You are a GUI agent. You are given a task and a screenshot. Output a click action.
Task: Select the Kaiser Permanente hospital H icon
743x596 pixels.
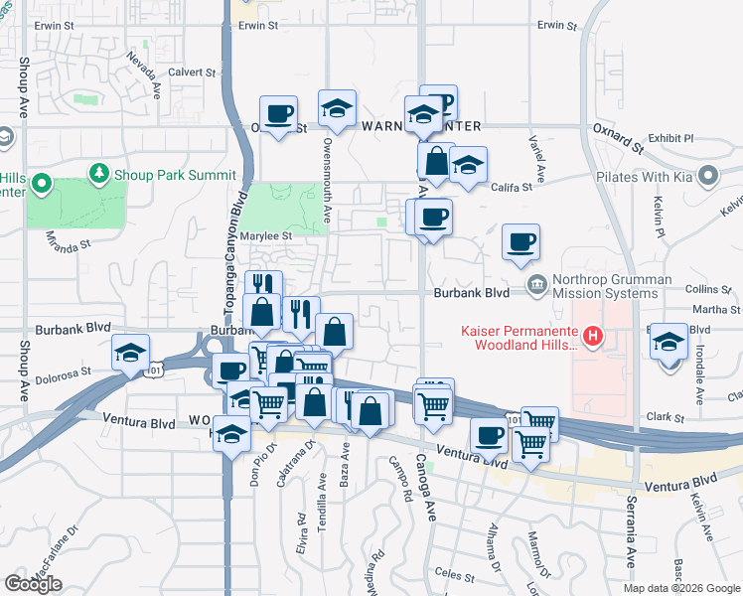coord(593,337)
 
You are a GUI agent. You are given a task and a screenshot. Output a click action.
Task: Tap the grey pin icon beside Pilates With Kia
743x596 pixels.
coord(708,177)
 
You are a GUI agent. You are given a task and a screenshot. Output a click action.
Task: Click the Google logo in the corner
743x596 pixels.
coord(33,584)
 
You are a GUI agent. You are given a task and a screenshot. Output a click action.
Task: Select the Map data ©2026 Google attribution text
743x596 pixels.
coord(681,588)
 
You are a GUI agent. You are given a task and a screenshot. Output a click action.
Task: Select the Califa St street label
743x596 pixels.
coord(510,186)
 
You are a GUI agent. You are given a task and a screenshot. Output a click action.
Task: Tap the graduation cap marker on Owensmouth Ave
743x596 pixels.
coord(337,108)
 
